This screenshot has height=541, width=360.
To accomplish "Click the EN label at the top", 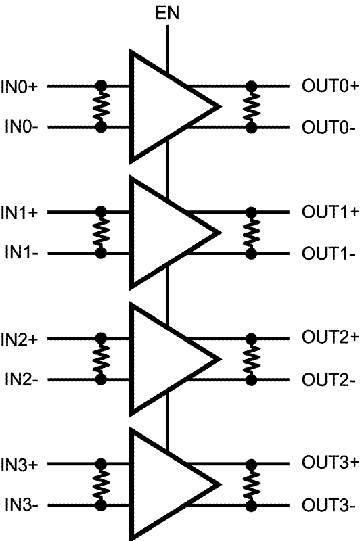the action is (x=167, y=13).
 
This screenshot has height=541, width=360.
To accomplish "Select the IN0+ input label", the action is (x=19, y=87).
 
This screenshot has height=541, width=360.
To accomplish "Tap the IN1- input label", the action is (x=21, y=253).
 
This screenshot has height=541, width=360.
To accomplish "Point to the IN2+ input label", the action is (x=19, y=339).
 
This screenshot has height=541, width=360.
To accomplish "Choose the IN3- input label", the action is (x=21, y=505).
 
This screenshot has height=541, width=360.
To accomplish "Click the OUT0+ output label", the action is (x=330, y=86).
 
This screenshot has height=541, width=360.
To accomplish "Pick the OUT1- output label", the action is (x=328, y=254).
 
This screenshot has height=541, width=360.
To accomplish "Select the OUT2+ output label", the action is (x=330, y=337).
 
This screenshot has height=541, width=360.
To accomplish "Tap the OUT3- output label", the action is (x=328, y=506).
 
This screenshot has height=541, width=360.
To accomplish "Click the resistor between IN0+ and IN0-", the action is (x=101, y=107).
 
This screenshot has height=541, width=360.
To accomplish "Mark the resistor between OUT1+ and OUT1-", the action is (x=251, y=233).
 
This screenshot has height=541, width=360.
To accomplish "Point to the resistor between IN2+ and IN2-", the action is (x=101, y=359).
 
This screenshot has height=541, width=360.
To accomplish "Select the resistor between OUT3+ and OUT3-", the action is (x=251, y=485).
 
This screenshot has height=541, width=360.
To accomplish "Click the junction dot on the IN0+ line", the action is (x=101, y=86).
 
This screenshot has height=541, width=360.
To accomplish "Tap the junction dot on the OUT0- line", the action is (x=251, y=128).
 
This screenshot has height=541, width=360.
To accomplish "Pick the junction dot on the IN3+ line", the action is (x=101, y=464).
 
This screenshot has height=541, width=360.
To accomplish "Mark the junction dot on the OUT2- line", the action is (x=251, y=380).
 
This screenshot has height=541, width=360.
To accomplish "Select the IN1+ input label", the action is (x=19, y=212).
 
